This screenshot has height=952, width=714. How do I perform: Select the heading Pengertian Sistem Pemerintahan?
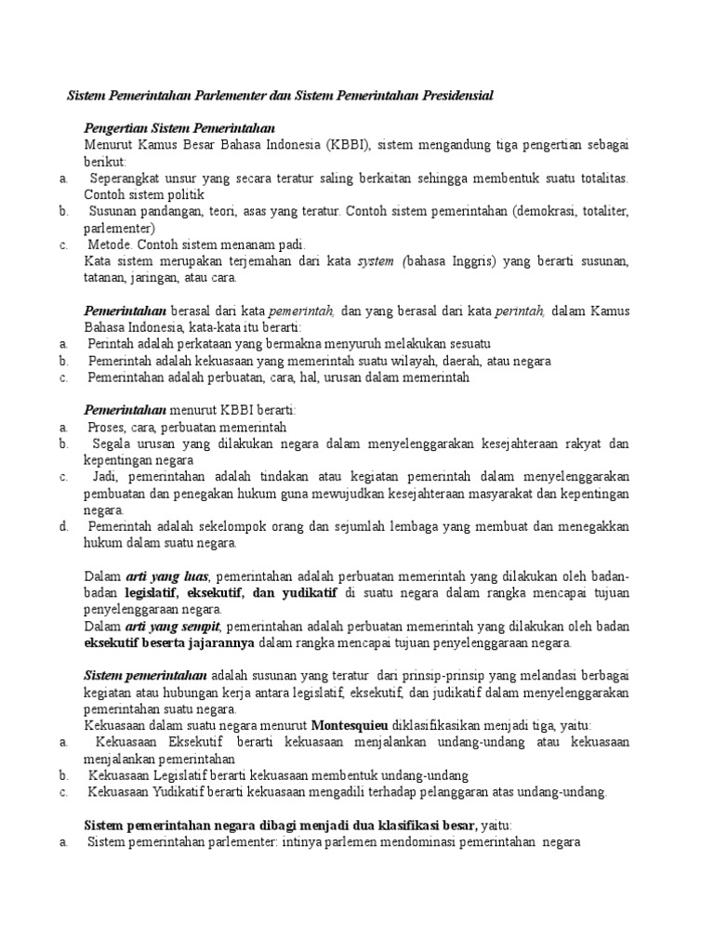pyautogui.click(x=179, y=127)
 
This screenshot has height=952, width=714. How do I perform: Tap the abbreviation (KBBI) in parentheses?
pyautogui.click(x=349, y=144)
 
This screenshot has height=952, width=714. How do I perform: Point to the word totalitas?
pyautogui.click(x=598, y=178)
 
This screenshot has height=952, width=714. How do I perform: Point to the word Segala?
pyautogui.click(x=113, y=444)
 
